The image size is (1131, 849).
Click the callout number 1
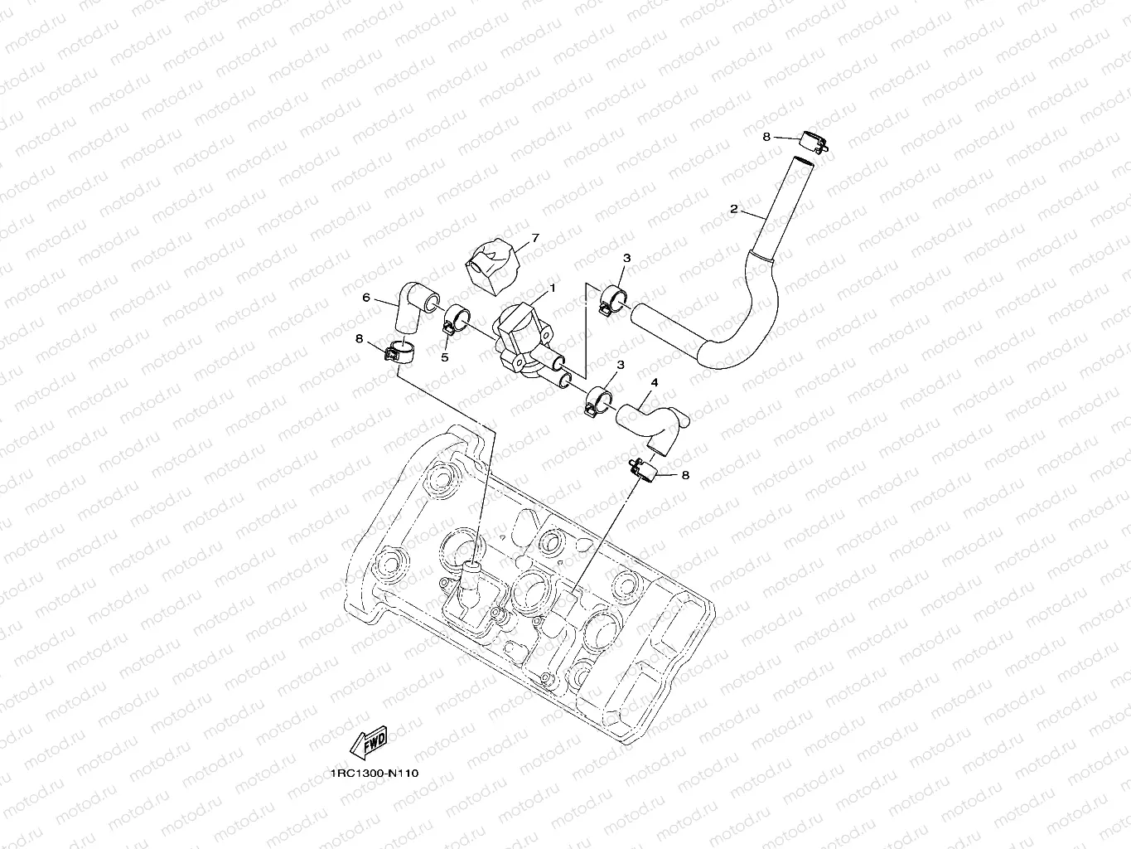coord(553,288)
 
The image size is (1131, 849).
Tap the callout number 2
coord(733,210)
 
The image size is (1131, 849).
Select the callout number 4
coord(655,382)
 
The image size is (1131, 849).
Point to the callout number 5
coord(444,357)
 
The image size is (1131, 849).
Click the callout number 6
coord(365,298)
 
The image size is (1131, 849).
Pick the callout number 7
coord(534,238)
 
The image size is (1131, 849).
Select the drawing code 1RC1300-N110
coord(374,773)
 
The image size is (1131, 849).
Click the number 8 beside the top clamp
coord(766,136)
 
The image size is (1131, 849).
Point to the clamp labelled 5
coord(455,318)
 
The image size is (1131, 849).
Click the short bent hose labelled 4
coord(651,419)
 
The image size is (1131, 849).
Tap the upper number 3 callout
coord(626,259)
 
